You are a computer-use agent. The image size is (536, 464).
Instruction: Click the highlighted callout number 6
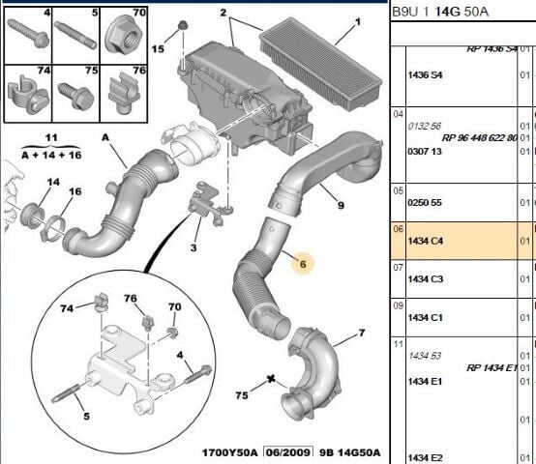[302, 263]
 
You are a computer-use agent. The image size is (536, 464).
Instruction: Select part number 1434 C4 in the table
[425, 240]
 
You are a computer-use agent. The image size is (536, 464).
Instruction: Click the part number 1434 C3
[425, 278]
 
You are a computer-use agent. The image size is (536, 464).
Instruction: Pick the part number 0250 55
[425, 204]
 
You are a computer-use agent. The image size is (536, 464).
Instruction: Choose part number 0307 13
[425, 151]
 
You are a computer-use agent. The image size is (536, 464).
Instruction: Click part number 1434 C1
[425, 317]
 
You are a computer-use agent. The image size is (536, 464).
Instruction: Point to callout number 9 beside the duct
[341, 204]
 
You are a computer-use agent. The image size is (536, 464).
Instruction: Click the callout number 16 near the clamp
[74, 192]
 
